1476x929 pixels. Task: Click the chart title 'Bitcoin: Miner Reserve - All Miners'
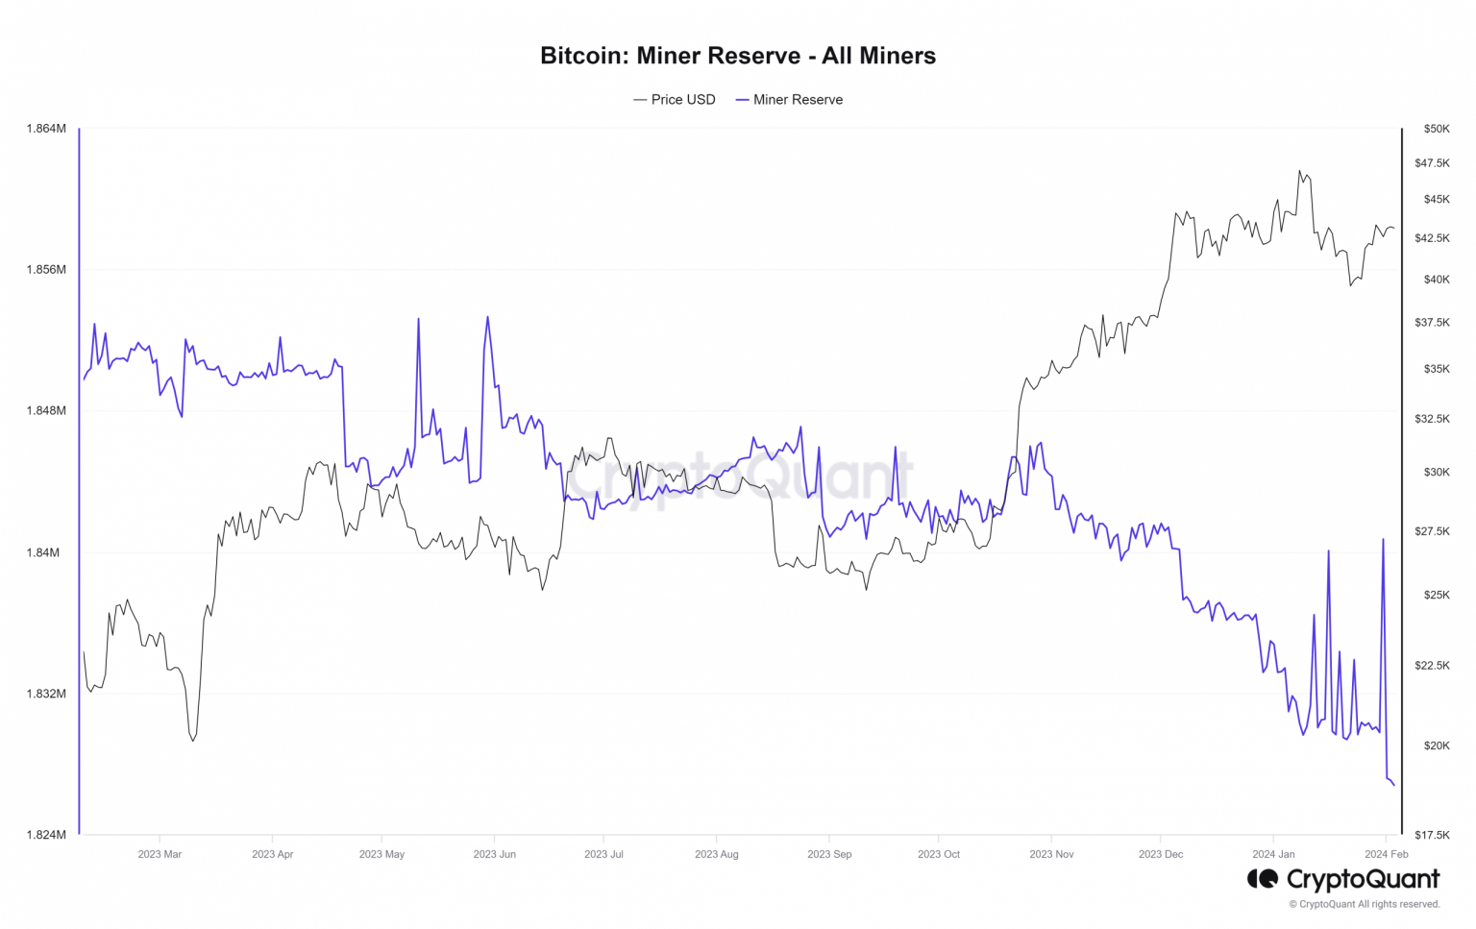pos(737,56)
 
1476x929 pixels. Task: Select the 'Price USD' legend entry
pos(675,100)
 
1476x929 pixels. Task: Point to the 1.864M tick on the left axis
pos(46,129)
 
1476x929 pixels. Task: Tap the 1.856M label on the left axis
pos(46,270)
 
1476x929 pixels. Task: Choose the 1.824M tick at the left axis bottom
pos(46,835)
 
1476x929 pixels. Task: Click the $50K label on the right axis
pos(1437,129)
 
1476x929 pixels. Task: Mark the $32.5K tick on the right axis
pos(1432,419)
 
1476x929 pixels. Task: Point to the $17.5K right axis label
pos(1432,835)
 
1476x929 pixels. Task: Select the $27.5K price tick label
pos(1432,531)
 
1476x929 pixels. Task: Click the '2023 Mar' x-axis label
pos(160,854)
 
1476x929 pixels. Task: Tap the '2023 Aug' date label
pos(716,854)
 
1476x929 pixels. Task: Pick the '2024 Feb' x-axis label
pos(1386,854)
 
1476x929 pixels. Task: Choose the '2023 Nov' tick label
pos(1051,854)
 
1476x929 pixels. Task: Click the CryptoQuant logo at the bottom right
pos(1343,879)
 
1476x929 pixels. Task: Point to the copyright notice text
pos(1365,904)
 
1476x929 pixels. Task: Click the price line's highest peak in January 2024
pos(1299,172)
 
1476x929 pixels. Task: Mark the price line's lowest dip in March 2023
pos(193,740)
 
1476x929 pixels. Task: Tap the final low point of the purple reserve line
pos(1393,785)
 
